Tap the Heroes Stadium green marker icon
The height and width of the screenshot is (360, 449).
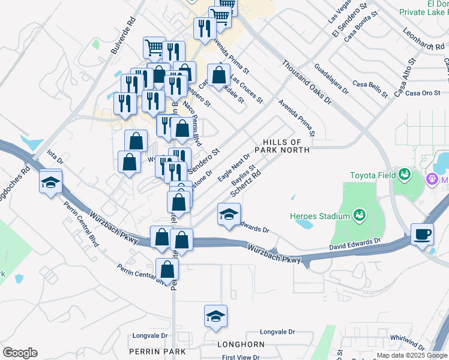coord(360,215)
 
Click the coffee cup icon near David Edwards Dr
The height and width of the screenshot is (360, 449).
coord(423,234)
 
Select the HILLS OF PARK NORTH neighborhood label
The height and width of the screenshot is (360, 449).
coord(285,145)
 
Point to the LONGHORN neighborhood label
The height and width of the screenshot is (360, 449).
coord(241,344)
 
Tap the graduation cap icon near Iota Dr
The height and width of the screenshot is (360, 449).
coord(50,182)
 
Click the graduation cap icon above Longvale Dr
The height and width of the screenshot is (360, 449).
coord(216,317)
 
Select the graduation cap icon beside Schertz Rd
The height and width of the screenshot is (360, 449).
coord(229,215)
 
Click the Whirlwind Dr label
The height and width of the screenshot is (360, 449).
coord(408,340)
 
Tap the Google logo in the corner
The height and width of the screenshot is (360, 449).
coord(20,353)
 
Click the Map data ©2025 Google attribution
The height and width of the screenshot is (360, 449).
coord(412,355)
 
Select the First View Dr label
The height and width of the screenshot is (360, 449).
coord(240,357)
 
